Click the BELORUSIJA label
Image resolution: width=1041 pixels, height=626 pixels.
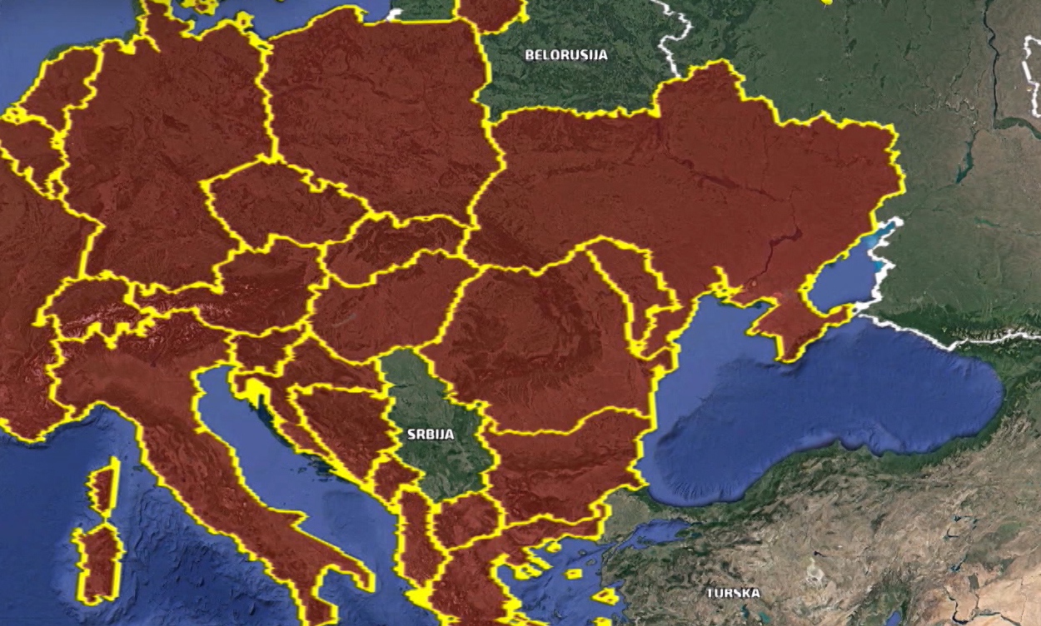[565, 56]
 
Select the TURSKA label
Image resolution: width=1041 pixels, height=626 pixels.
[733, 593]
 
